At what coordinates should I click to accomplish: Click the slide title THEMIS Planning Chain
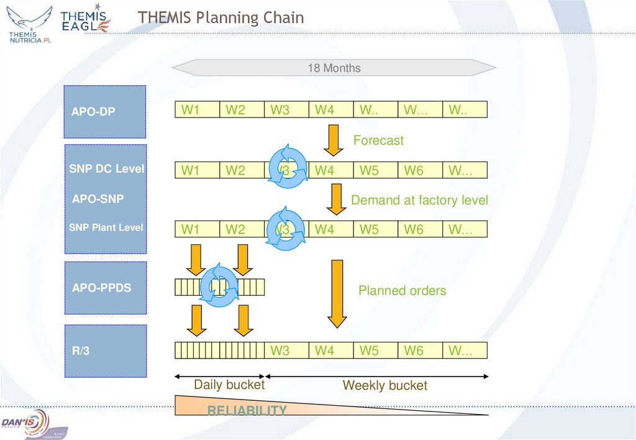221,17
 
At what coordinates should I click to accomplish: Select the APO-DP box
105,112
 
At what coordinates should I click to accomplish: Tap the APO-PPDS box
105,288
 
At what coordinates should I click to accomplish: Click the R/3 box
105,351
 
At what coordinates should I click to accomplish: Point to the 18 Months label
334,68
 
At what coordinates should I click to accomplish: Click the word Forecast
378,140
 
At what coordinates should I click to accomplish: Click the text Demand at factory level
419,200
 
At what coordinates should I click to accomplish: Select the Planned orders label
402,290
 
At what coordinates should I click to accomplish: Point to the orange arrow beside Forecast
334,140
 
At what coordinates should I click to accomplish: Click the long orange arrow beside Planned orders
337,293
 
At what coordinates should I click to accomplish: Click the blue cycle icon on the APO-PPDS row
219,286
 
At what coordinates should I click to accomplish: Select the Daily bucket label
229,385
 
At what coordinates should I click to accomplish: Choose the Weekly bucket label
384,385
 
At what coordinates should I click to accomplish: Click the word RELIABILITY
247,410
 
